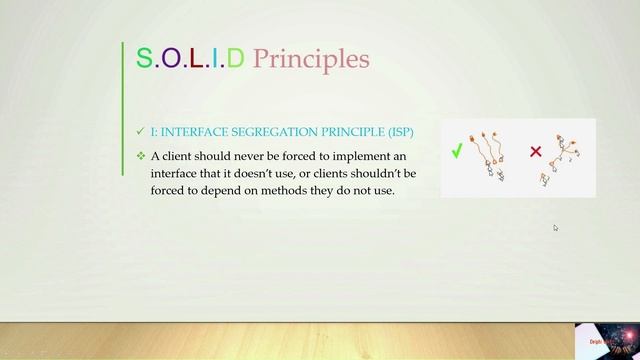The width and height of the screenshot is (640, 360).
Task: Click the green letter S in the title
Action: point(143,58)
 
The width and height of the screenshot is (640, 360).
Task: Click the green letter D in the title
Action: point(235,58)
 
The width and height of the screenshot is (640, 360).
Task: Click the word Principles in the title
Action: point(311,60)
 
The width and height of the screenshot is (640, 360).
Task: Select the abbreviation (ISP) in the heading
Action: point(396,131)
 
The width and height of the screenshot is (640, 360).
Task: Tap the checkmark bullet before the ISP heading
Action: point(140,131)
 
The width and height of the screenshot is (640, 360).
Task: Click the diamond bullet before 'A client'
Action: point(140,156)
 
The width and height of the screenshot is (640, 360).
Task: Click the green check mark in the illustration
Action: point(456,152)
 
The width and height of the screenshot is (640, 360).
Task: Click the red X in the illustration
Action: point(535,152)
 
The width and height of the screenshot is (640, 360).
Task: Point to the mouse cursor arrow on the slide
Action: point(556,228)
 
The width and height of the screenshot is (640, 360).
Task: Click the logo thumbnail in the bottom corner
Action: point(606,341)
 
